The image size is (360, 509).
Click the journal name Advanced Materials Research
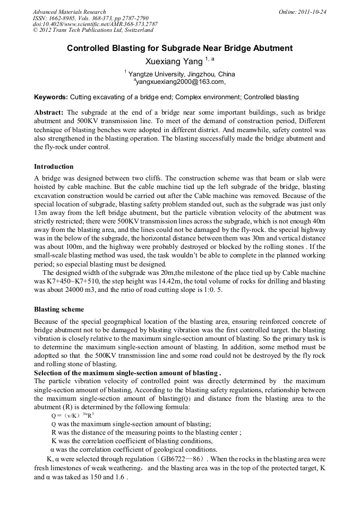click(69, 12)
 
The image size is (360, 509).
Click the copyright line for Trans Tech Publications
click(93, 30)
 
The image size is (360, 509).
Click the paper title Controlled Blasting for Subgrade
click(179, 48)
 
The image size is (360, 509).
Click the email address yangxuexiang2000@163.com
click(181, 82)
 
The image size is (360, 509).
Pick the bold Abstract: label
click(49, 113)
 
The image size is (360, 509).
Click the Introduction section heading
click(54, 167)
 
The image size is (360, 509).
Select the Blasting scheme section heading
click(59, 309)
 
